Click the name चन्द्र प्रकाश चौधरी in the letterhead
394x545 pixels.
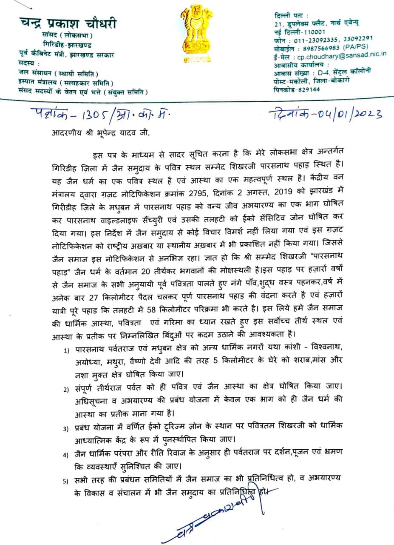68,23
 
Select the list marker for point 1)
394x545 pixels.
67,350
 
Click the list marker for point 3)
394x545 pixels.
66,428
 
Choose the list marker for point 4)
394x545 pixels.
66,454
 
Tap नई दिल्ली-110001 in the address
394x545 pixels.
300,32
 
